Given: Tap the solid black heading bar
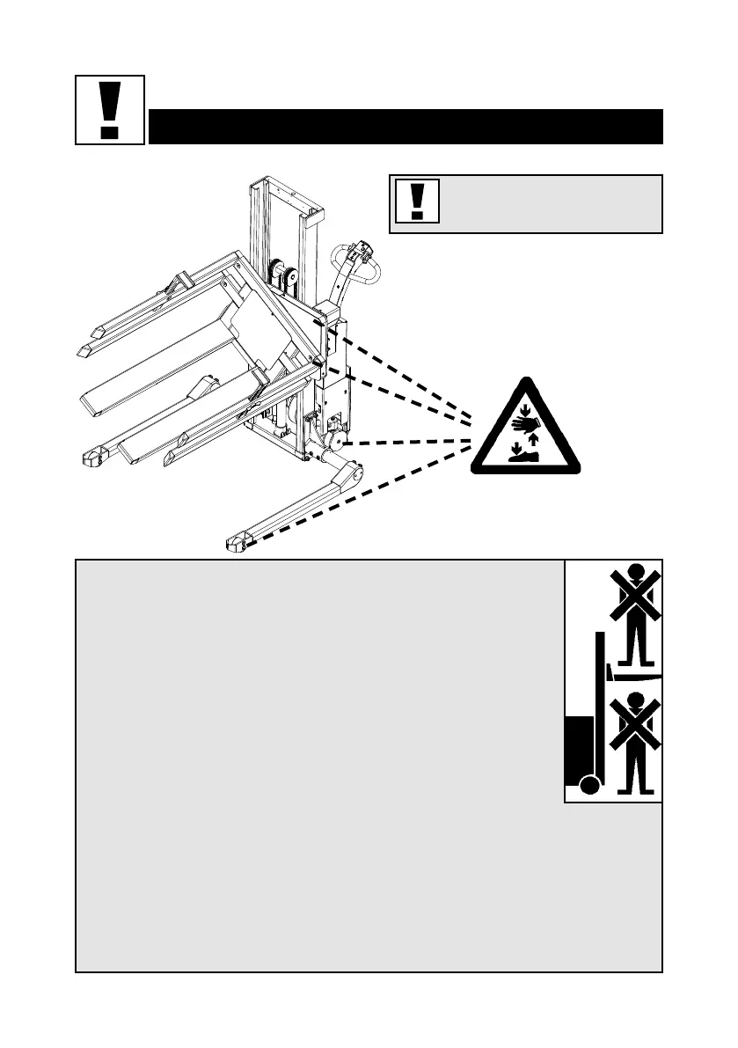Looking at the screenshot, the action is [x=405, y=127].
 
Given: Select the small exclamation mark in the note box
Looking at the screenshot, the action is [x=418, y=202].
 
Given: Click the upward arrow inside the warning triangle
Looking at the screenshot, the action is [x=534, y=440].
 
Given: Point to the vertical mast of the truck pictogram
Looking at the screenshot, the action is [x=601, y=704].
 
